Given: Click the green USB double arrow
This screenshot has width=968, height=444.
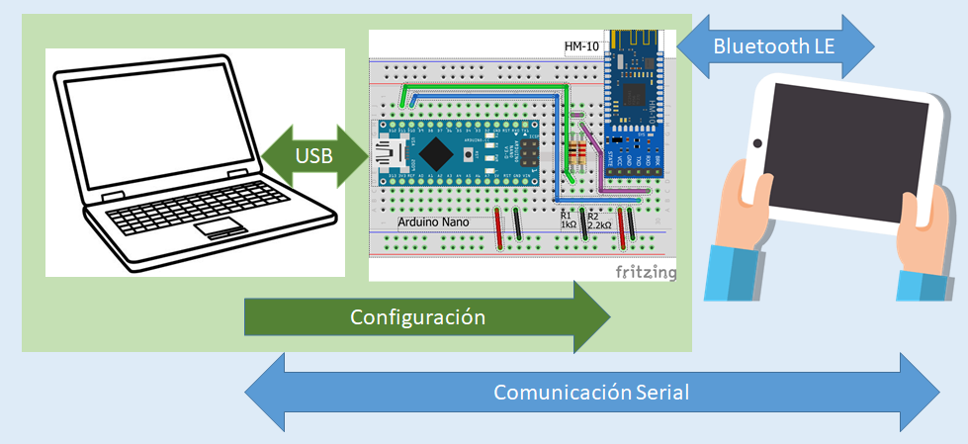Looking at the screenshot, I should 313,156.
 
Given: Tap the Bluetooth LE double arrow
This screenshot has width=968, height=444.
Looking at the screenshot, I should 776,45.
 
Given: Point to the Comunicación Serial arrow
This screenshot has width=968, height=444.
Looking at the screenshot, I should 591,392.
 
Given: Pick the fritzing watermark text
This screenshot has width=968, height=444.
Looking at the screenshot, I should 646,271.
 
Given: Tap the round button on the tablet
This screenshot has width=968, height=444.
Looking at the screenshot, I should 757,143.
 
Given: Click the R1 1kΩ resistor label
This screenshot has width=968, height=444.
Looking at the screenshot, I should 569,220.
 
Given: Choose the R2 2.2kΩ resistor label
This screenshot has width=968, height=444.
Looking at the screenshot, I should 598,220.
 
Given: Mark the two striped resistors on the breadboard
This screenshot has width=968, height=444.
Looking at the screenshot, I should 578,153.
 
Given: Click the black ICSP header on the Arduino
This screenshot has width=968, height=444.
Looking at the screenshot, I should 533,153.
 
